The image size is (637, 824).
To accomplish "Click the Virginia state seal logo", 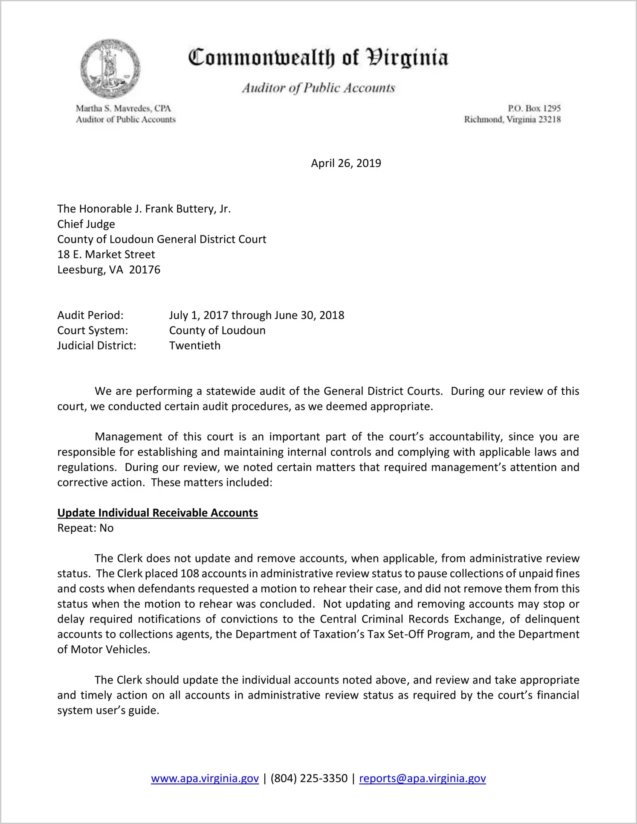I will click(x=110, y=68).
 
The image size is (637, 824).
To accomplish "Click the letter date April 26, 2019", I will click(x=346, y=163).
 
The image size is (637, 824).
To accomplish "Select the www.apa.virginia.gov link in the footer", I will click(x=205, y=778).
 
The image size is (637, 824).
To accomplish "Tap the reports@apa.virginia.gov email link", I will click(x=422, y=778).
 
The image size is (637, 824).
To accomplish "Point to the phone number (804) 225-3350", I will click(x=309, y=778).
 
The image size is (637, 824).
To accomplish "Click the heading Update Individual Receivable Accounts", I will click(x=157, y=513).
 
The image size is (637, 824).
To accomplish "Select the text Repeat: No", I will click(x=85, y=528).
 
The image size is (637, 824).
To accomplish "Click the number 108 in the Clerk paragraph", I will click(x=190, y=574).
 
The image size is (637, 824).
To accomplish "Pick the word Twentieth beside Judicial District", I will click(x=195, y=346).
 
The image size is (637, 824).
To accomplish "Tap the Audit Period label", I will click(x=90, y=315).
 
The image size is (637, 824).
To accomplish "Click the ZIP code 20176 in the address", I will click(x=145, y=270).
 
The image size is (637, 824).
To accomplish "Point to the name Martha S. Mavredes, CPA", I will click(x=123, y=108).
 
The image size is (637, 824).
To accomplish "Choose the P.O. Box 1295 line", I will click(x=534, y=108).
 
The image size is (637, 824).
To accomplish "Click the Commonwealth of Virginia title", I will click(x=318, y=58).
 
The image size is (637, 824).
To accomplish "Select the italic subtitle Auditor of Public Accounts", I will click(x=318, y=88).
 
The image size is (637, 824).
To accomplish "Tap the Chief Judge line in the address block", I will click(x=86, y=224).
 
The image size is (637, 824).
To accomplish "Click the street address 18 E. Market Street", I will click(x=106, y=254).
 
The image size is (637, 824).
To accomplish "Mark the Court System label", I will click(x=93, y=331).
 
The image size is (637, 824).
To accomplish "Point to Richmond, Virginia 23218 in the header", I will click(x=512, y=119).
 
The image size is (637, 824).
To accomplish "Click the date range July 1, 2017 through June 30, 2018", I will click(x=257, y=315).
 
